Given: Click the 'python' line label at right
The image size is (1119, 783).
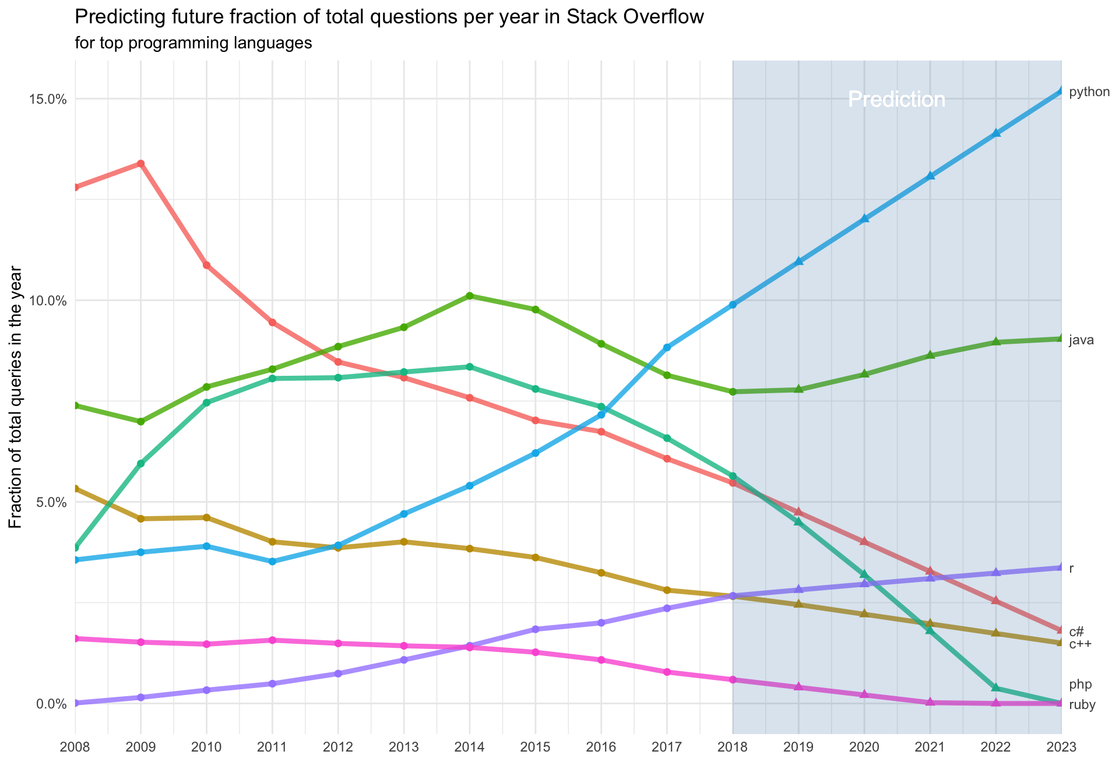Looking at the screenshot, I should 1089,92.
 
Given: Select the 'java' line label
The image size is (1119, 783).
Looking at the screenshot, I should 1081,340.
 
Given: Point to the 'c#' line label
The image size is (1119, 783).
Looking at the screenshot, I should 1076,632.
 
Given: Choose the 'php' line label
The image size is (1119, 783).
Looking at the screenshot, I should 1080,685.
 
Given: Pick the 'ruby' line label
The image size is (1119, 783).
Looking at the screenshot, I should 1082,705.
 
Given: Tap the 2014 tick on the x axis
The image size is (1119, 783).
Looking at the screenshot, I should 470,747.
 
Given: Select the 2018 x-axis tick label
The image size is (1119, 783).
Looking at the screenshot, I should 733,747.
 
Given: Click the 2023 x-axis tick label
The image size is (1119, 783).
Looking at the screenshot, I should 1061,747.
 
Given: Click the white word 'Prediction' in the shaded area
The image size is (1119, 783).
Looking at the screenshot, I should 896,100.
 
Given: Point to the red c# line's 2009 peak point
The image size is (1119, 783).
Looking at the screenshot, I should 140,164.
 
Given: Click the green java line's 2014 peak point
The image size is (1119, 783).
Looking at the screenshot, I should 470,296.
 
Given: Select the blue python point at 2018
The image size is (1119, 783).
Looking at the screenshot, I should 733,305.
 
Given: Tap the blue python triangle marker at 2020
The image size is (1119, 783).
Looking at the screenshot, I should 864,218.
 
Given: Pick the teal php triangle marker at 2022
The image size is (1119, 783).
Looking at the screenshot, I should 996,687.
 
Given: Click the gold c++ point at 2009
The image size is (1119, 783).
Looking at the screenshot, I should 140,519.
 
